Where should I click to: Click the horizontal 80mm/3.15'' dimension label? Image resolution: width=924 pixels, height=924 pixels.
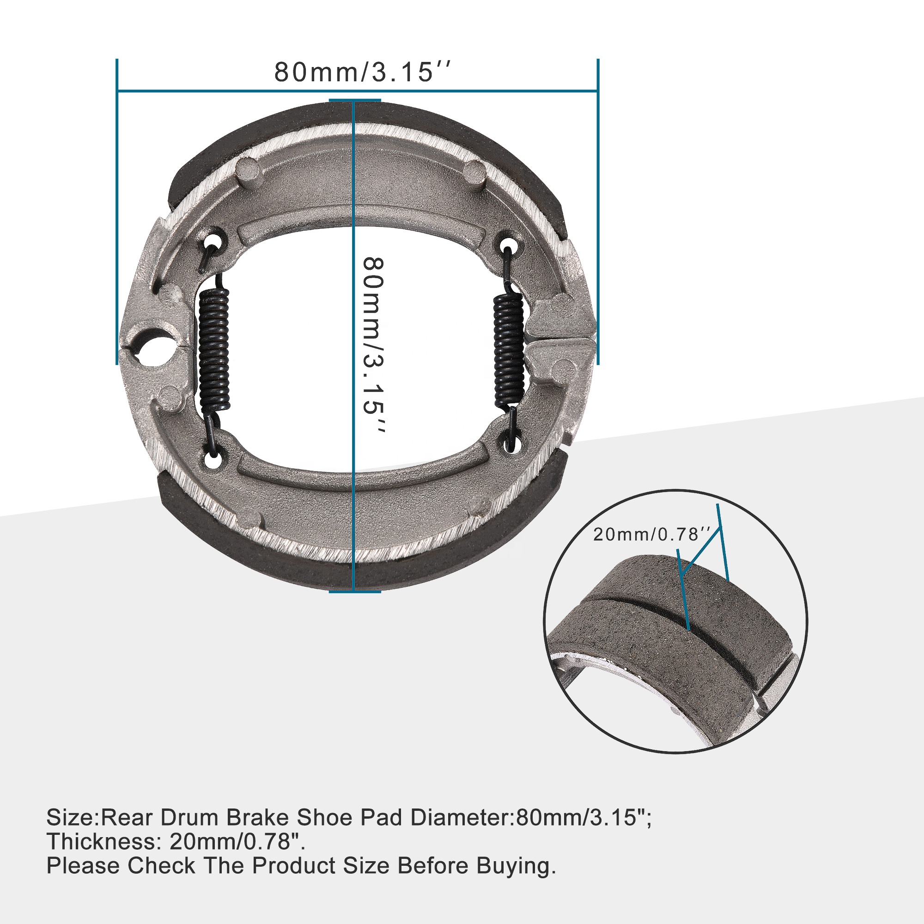click(x=362, y=73)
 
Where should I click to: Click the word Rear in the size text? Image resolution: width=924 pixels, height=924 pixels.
click(x=128, y=818)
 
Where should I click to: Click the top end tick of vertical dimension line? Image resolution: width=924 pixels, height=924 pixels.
click(x=354, y=100)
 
